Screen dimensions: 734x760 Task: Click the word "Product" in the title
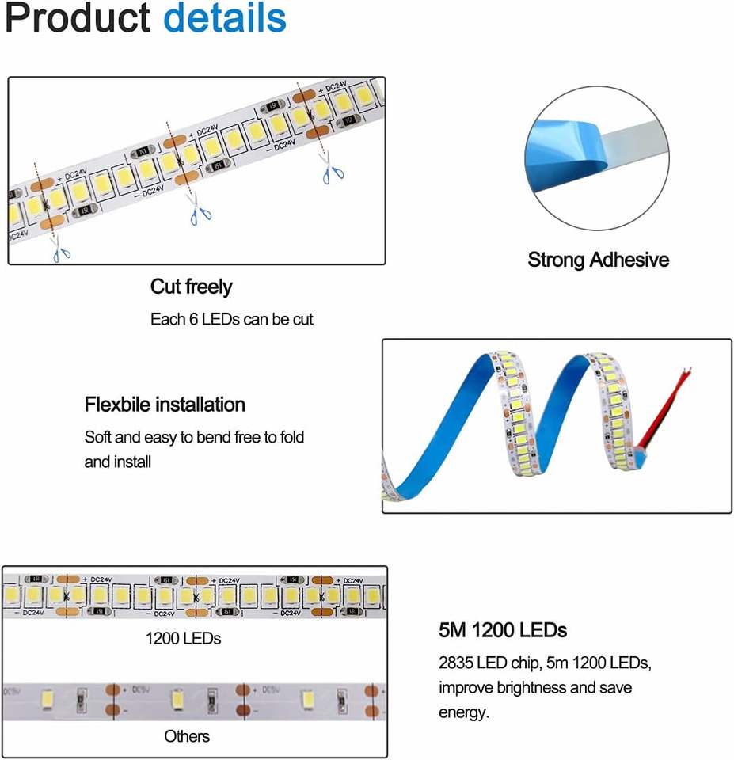(x=77, y=19)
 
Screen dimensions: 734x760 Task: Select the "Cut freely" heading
(x=191, y=286)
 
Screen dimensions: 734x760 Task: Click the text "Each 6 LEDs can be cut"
(x=232, y=320)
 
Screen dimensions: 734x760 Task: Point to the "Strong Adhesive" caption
(x=598, y=260)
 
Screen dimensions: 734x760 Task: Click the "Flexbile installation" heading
(x=165, y=405)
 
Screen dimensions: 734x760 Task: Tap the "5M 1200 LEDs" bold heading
(x=503, y=630)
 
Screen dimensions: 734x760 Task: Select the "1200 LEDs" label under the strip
(x=183, y=638)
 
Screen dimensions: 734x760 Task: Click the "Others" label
(x=187, y=736)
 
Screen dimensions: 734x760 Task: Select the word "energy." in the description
(x=465, y=712)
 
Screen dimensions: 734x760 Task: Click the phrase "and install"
(x=118, y=461)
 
